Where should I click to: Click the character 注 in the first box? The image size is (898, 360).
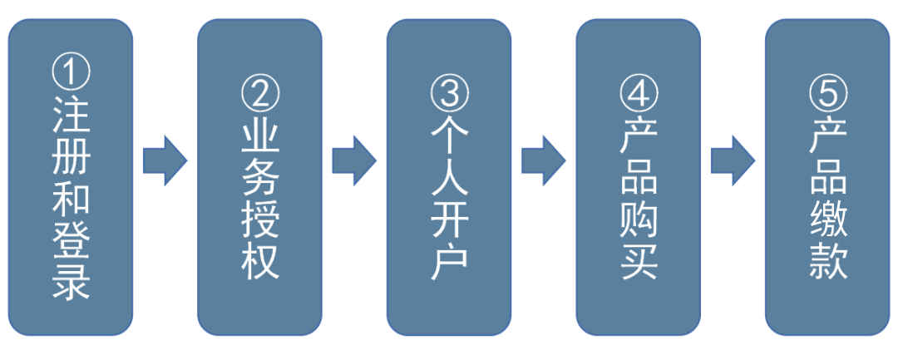71,116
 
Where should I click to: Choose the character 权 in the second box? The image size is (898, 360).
259,260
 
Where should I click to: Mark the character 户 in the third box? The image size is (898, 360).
449,260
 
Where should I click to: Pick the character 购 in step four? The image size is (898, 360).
639,219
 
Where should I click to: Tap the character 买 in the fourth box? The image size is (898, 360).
639,260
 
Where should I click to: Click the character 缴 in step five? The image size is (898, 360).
828,219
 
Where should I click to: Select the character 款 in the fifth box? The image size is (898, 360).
828,260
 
